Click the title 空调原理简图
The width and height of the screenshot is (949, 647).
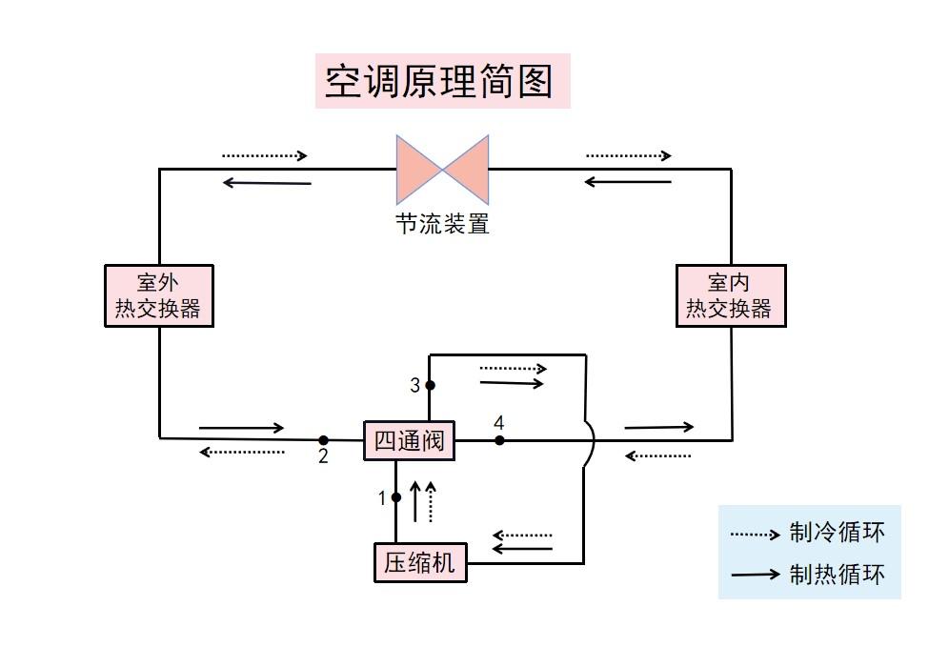tap(441, 81)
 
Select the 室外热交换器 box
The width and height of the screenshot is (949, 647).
tap(158, 295)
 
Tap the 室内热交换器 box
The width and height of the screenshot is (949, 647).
tap(730, 295)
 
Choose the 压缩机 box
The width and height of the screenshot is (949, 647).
tap(420, 561)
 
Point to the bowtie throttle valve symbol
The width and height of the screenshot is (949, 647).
tap(442, 170)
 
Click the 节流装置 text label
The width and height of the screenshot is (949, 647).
tap(442, 225)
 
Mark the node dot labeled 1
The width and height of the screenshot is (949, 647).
tap(395, 496)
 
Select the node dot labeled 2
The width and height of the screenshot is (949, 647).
tap(323, 440)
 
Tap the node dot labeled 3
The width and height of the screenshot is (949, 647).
tap(430, 385)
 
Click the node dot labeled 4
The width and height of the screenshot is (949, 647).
tap(499, 440)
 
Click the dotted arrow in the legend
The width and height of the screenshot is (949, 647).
tap(755, 535)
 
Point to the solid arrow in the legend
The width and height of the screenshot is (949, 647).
tap(755, 576)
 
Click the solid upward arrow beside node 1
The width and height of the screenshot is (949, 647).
tap(415, 500)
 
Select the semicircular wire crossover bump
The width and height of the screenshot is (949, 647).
tap(589, 440)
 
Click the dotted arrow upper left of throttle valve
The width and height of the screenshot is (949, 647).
tap(265, 155)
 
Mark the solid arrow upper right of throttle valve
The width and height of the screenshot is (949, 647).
tap(628, 181)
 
